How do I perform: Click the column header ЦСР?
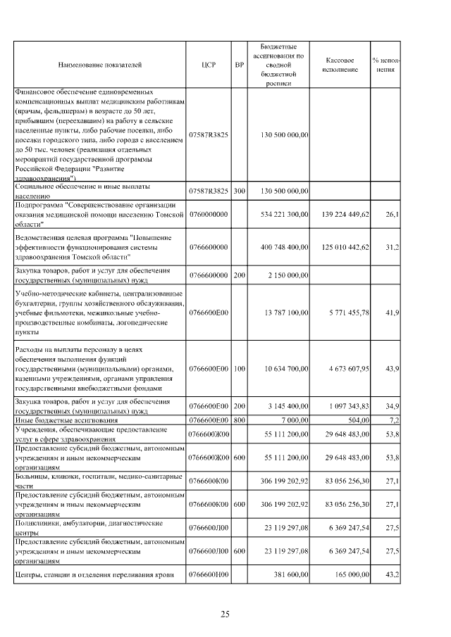[208, 64]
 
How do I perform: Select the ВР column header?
[240, 64]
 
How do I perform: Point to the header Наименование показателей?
[99, 64]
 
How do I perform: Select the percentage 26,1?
[391, 213]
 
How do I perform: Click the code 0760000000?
[208, 213]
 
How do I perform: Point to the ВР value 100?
[240, 369]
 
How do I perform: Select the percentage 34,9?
[391, 406]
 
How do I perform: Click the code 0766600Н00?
[208, 575]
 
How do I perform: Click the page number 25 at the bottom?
[225, 614]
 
